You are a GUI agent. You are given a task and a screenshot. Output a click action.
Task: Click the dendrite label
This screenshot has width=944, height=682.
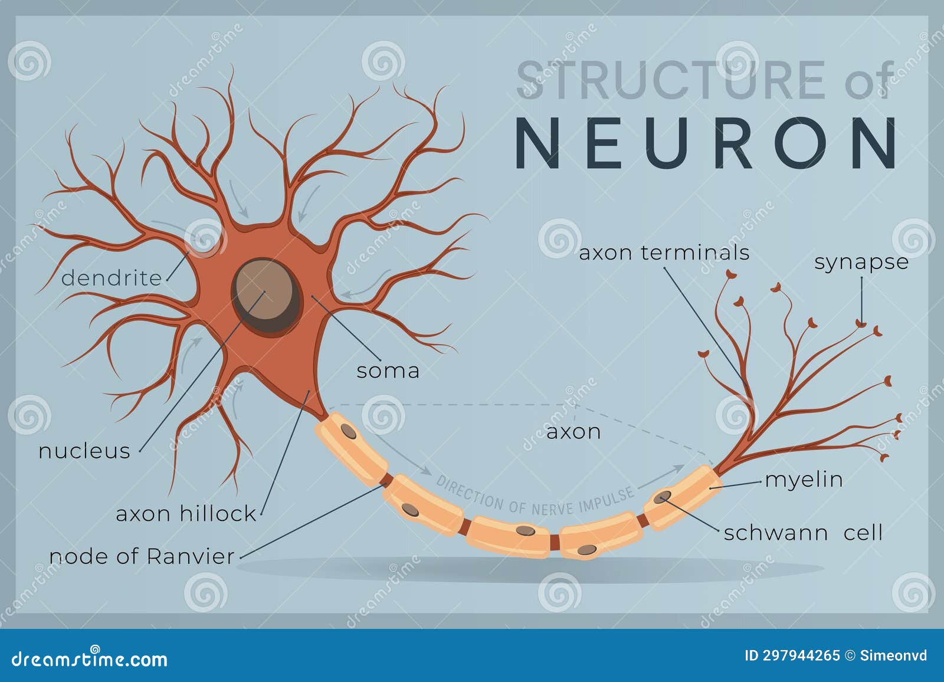[x=112, y=278]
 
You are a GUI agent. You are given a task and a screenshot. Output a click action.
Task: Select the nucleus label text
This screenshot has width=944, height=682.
[x=84, y=451]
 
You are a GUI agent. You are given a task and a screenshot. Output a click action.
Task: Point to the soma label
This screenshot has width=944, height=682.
[x=388, y=371]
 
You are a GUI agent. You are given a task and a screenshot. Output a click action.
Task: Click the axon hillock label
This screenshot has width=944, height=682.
[x=186, y=513]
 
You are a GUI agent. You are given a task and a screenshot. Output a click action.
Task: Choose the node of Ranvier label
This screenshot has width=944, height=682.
[x=142, y=556]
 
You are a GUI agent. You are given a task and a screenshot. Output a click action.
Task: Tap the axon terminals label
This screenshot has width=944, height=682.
[x=664, y=253]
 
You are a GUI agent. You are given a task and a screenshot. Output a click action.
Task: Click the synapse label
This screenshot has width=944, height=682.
[x=861, y=262]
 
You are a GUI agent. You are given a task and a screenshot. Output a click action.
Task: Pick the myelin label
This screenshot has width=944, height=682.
[x=804, y=480]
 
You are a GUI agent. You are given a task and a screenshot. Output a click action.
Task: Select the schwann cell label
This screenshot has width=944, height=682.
[x=803, y=533]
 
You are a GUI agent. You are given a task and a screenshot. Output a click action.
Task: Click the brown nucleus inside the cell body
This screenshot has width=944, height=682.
[x=264, y=291]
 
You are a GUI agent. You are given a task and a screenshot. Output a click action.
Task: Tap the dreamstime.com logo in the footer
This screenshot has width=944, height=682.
[x=90, y=658]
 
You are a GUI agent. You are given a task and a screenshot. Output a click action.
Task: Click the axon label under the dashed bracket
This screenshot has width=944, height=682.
[x=573, y=432]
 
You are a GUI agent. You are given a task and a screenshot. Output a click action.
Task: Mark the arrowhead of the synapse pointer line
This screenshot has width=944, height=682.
[x=861, y=323]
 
